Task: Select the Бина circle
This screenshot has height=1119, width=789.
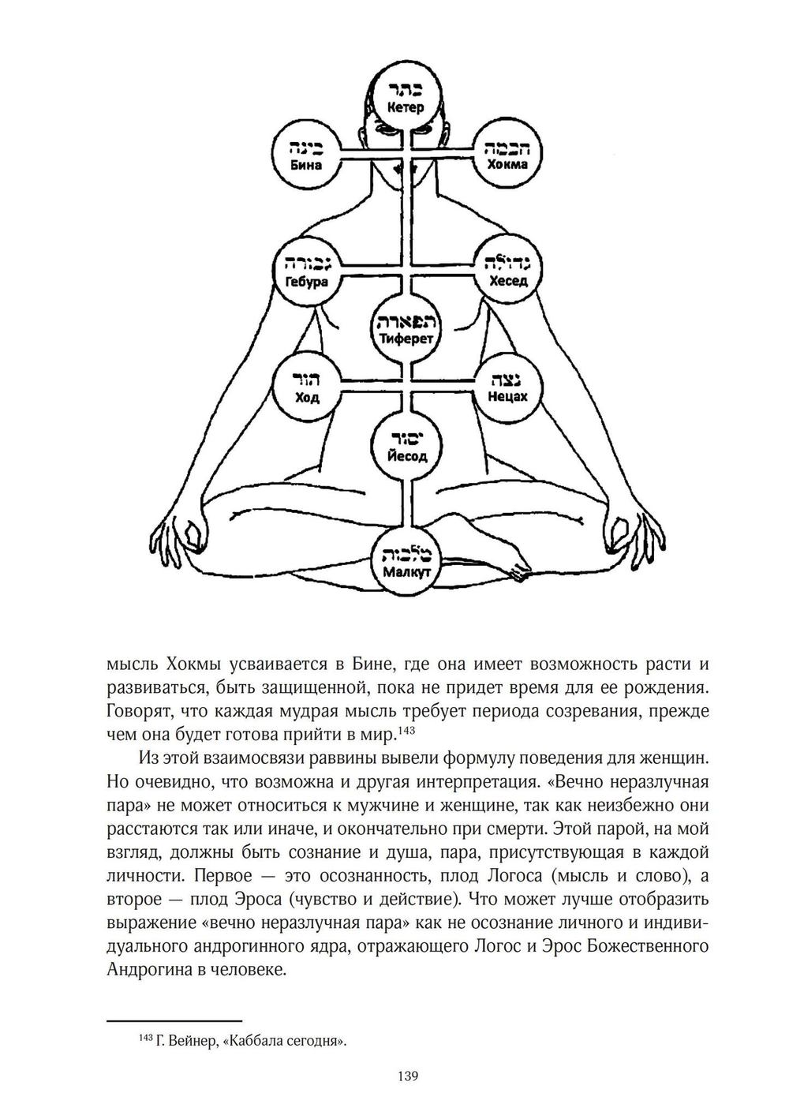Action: [x=305, y=155]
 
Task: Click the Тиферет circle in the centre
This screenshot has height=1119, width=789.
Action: [x=406, y=329]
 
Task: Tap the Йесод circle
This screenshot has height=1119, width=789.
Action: [x=406, y=446]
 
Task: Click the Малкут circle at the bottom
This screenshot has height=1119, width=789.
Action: [x=406, y=562]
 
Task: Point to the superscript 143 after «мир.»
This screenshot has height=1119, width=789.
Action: [x=406, y=732]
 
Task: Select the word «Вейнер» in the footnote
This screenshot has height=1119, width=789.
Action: [x=189, y=1041]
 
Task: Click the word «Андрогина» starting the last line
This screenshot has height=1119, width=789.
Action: [x=147, y=970]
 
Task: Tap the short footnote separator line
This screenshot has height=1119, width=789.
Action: [x=174, y=1020]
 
